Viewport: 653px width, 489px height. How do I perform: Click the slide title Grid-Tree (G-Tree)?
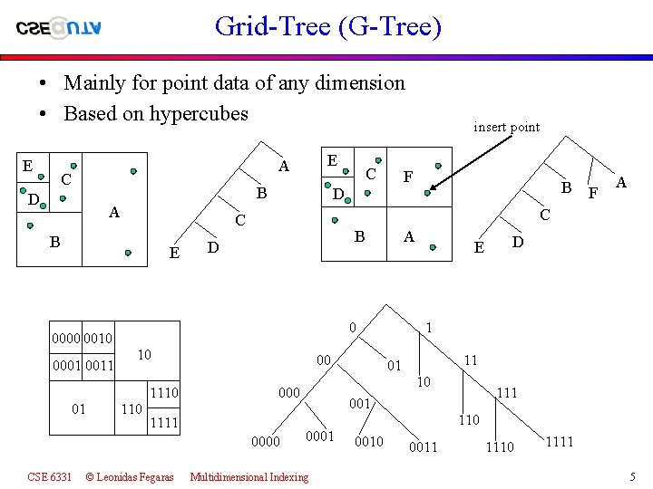(x=328, y=26)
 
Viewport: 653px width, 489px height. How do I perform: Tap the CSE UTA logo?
(x=59, y=27)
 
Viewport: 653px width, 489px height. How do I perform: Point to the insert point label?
(x=506, y=127)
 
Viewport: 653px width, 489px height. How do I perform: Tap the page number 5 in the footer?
(x=633, y=476)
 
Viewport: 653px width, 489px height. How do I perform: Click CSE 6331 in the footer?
(x=50, y=476)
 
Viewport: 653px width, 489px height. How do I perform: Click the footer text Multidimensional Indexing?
(x=249, y=476)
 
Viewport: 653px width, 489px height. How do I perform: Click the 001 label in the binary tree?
(x=360, y=403)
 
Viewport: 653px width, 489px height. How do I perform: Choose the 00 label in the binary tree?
(x=323, y=360)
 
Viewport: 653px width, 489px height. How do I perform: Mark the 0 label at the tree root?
(x=353, y=326)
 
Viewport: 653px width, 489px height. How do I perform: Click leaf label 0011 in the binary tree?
(x=424, y=446)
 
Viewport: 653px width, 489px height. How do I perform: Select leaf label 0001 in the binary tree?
(x=319, y=436)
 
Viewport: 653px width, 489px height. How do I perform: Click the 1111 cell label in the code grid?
(x=163, y=423)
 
